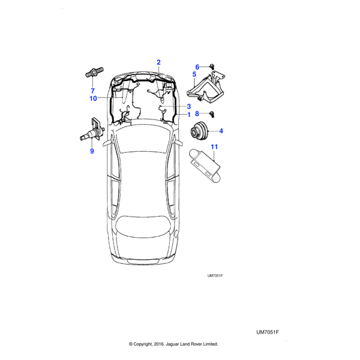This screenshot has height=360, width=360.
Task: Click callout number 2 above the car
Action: [x=158, y=62]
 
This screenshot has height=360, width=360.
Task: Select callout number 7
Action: [x=92, y=91]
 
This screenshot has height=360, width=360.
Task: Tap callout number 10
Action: [x=93, y=98]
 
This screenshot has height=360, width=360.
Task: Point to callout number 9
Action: [x=92, y=151]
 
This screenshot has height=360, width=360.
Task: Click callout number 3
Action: [x=189, y=106]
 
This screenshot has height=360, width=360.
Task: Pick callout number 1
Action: [x=189, y=115]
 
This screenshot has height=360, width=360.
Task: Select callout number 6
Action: [x=197, y=67]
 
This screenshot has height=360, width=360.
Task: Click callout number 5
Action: [x=194, y=74]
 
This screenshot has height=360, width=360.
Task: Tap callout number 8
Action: [x=197, y=113]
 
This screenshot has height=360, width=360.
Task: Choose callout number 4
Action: [x=221, y=131]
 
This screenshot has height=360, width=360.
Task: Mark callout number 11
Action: [x=214, y=147]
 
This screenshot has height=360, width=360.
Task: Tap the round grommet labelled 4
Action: [x=199, y=131]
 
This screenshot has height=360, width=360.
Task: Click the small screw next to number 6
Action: [x=212, y=67]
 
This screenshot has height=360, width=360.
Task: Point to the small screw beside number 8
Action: [x=212, y=114]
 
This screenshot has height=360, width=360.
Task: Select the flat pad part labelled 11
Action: [x=205, y=166]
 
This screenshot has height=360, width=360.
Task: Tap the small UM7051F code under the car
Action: [x=215, y=275]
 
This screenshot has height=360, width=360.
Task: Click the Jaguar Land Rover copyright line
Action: [x=173, y=344]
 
